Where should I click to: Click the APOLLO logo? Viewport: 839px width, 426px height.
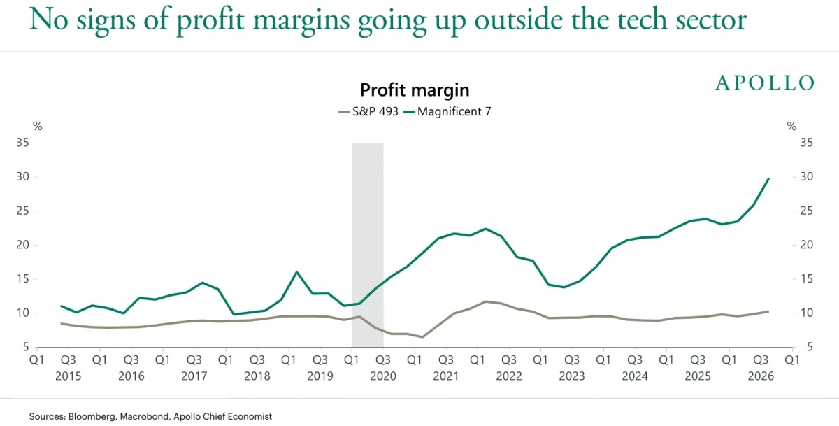click(x=765, y=83)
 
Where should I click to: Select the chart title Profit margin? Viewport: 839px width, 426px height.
click(x=415, y=90)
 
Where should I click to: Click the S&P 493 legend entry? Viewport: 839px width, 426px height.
click(x=368, y=112)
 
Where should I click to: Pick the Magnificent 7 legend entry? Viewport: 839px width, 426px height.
click(x=447, y=112)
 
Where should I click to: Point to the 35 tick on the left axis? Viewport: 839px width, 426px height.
click(x=22, y=143)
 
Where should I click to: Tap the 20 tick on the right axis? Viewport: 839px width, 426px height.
click(x=807, y=245)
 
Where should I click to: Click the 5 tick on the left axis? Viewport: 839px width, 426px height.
click(x=25, y=348)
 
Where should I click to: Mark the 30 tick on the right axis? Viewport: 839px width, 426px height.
click(x=807, y=177)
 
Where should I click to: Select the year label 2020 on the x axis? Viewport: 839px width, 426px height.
click(x=383, y=376)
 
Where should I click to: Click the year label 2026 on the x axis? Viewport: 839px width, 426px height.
click(x=761, y=376)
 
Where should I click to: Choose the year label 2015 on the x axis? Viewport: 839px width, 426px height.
click(x=69, y=376)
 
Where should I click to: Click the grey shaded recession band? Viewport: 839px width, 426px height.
click(x=368, y=245)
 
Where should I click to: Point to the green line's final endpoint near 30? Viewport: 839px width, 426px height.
click(x=768, y=178)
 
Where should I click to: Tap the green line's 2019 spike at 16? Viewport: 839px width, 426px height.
click(x=296, y=272)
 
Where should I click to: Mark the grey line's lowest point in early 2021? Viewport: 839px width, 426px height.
click(x=422, y=337)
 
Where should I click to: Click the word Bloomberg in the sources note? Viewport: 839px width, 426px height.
click(x=92, y=417)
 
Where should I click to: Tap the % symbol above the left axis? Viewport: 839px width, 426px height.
click(x=38, y=127)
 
